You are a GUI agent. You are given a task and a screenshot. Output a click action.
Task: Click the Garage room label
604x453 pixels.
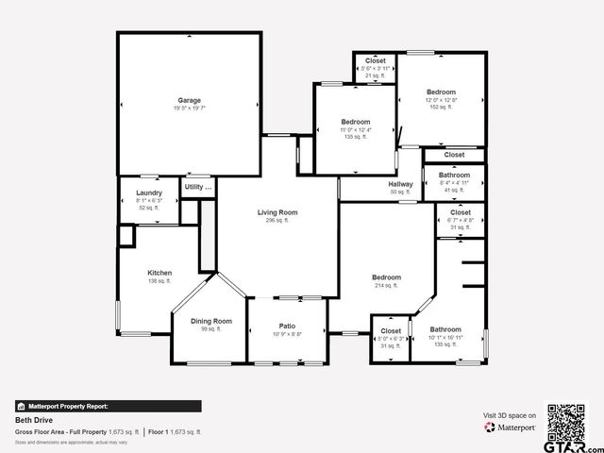[x=189, y=100]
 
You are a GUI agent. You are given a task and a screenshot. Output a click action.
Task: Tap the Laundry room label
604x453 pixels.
[x=149, y=193]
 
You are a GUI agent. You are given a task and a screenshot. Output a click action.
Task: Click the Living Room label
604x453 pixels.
[x=277, y=212]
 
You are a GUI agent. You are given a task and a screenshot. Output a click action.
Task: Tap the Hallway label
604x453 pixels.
[x=401, y=184]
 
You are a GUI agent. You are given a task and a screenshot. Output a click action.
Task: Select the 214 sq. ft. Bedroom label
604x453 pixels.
[x=386, y=277]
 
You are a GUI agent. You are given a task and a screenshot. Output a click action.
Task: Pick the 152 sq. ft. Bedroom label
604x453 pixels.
[x=441, y=92]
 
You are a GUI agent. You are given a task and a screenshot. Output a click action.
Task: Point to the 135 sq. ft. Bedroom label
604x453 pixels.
[x=355, y=122]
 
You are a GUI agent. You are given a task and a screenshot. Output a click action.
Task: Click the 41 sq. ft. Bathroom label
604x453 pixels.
[x=454, y=175]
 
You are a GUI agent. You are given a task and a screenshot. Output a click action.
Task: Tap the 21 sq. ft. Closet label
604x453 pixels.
[x=375, y=60]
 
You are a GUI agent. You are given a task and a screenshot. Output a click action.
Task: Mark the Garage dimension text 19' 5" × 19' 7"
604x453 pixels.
[x=189, y=109]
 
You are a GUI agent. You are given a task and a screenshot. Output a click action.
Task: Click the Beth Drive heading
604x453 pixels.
[x=30, y=420]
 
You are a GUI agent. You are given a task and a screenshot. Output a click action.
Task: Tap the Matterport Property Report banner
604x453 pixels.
[x=108, y=406]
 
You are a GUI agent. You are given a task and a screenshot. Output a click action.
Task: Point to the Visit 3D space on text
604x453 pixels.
[x=510, y=415]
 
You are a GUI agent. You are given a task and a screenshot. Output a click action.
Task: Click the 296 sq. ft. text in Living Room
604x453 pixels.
[x=277, y=221]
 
